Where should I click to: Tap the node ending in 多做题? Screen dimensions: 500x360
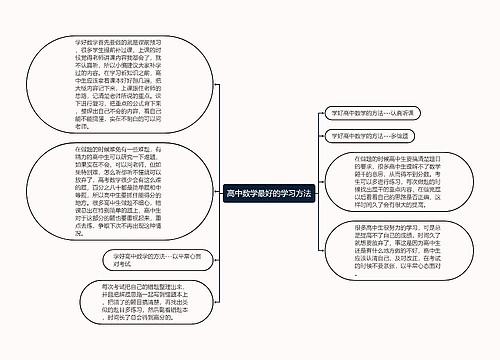(376, 133)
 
